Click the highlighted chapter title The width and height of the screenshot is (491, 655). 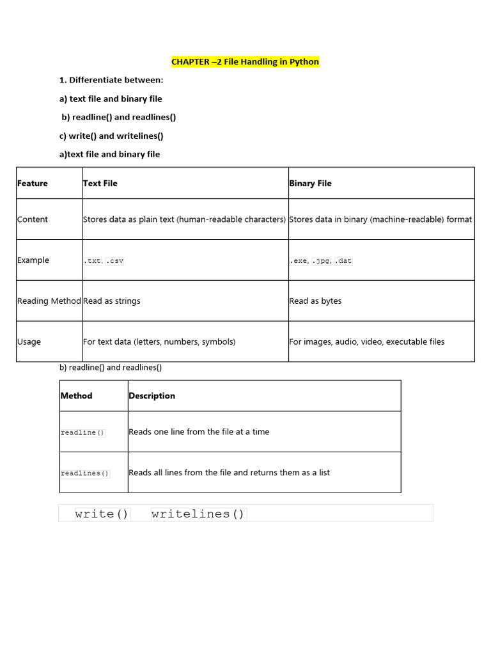pyautogui.click(x=245, y=62)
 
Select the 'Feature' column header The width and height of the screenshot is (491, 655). pyautogui.click(x=33, y=184)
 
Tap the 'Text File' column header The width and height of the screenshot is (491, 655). pyautogui.click(x=100, y=184)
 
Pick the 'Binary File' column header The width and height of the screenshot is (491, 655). pyautogui.click(x=310, y=184)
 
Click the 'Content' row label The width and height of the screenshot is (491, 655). pyautogui.click(x=33, y=219)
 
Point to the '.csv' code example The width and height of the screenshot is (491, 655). pyautogui.click(x=114, y=261)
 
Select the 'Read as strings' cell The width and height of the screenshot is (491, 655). pyautogui.click(x=112, y=301)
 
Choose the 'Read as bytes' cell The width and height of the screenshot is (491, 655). pyautogui.click(x=315, y=301)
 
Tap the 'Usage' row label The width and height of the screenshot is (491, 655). pyautogui.click(x=29, y=342)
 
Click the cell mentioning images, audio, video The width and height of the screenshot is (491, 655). pyautogui.click(x=366, y=342)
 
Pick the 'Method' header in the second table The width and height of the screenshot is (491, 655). pyautogui.click(x=76, y=396)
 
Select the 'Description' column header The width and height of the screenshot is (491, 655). pyautogui.click(x=152, y=396)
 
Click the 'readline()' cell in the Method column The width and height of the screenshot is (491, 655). pyautogui.click(x=83, y=433)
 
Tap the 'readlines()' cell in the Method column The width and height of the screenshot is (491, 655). pyautogui.click(x=85, y=474)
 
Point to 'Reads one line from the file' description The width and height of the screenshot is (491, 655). pyautogui.click(x=199, y=432)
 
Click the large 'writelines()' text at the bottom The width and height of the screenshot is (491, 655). pyautogui.click(x=198, y=514)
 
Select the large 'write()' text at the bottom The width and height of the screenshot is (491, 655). pyautogui.click(x=102, y=514)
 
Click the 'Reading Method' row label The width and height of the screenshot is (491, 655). pyautogui.click(x=49, y=301)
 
